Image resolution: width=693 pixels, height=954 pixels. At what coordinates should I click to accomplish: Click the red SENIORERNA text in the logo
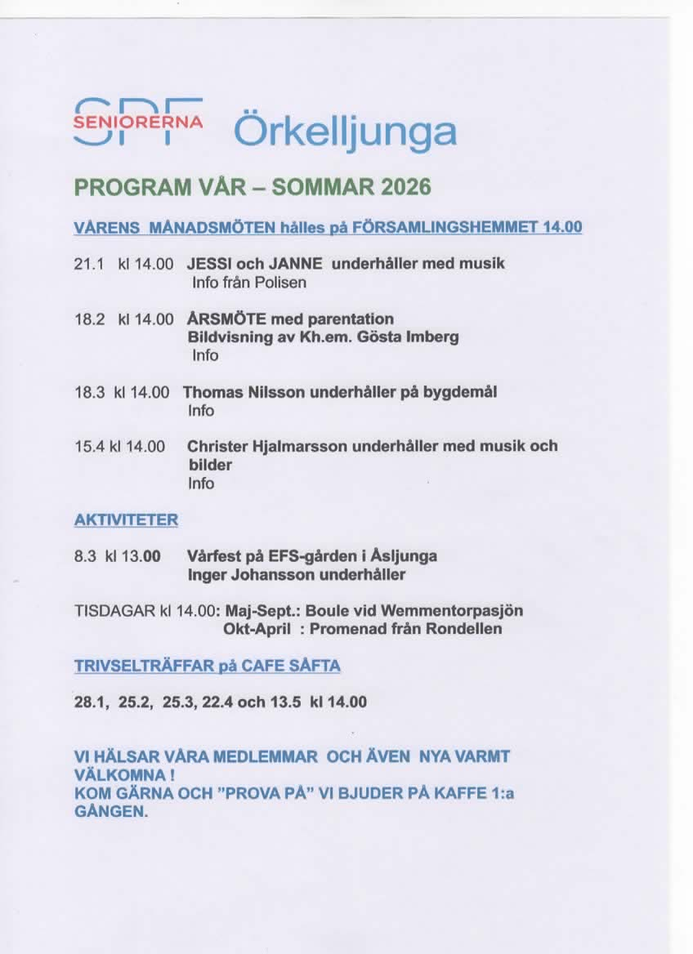point(138,122)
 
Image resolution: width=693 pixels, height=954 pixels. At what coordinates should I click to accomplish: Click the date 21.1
point(87,264)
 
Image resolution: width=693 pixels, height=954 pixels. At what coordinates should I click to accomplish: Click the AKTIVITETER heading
point(126,519)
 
